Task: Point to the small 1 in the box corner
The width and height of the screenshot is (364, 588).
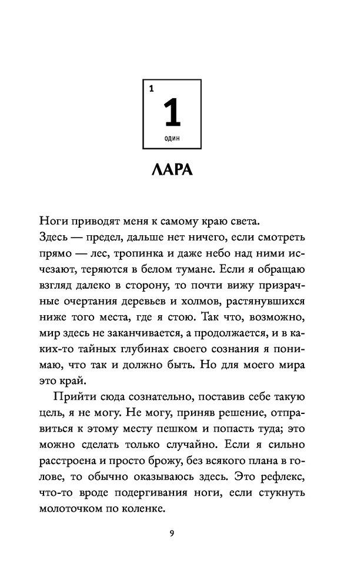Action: click(151, 89)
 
